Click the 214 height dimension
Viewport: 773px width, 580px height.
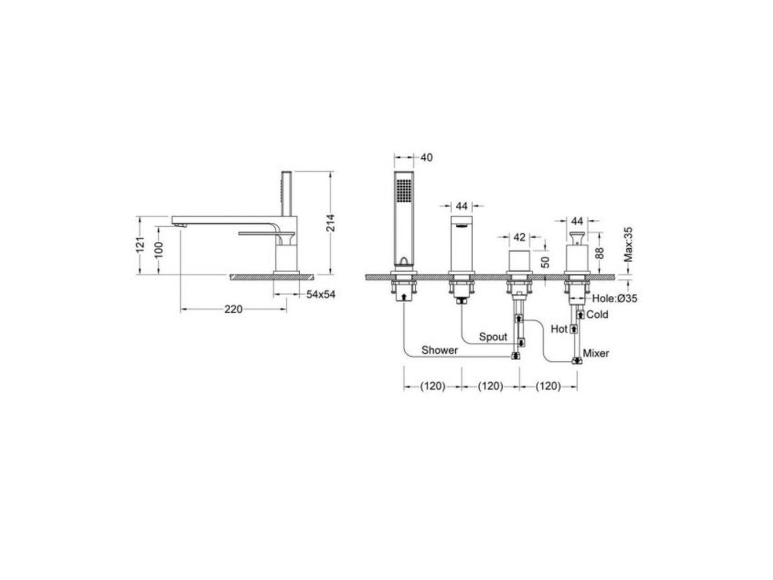pos(330,223)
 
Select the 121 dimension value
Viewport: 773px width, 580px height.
pos(140,244)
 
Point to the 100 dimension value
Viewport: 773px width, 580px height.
pos(159,249)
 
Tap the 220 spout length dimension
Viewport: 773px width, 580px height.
pos(234,309)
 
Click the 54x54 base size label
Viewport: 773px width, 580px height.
pos(321,295)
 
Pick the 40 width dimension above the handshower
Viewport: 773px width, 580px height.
pos(426,157)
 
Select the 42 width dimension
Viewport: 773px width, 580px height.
pos(520,237)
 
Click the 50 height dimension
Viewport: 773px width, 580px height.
pos(545,262)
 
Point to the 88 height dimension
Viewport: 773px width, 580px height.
pos(599,253)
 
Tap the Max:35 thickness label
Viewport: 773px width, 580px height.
pos(628,245)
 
